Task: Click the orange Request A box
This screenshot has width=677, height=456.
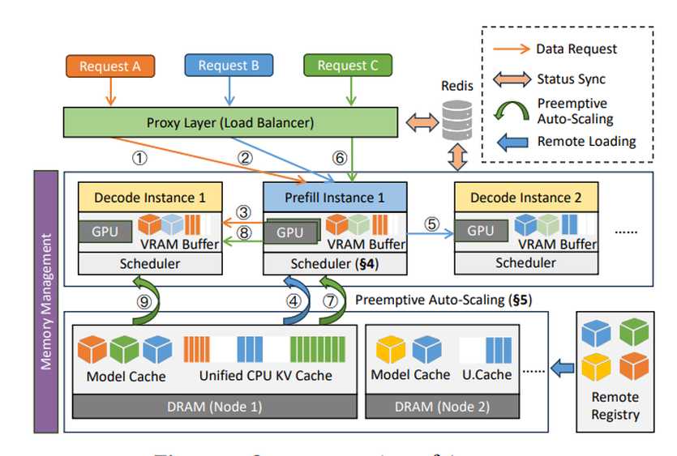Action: click(110, 66)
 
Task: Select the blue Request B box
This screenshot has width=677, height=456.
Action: click(229, 66)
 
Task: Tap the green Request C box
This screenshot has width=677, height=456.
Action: click(348, 66)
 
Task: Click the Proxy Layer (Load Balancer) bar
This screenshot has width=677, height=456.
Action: click(231, 123)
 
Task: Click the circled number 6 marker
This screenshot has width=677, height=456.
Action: click(341, 158)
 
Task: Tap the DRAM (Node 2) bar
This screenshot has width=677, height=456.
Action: click(442, 406)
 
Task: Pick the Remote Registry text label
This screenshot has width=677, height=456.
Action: click(615, 406)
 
